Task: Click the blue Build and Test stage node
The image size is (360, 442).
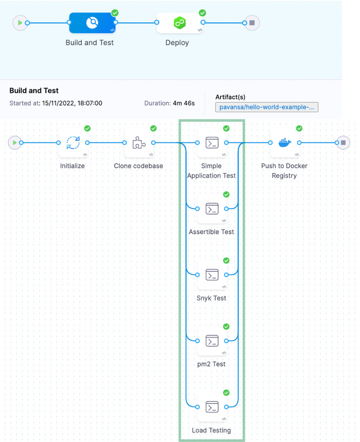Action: (92, 23)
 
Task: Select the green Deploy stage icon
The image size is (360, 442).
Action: (180, 23)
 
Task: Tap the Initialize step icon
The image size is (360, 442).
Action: (73, 143)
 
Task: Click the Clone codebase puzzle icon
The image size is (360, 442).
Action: (139, 143)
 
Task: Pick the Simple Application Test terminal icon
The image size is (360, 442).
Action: (211, 143)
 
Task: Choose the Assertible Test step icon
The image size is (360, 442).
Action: (211, 209)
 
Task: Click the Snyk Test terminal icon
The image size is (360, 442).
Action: (211, 274)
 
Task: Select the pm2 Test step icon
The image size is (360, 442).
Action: (211, 341)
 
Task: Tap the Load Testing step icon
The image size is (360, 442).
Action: (211, 407)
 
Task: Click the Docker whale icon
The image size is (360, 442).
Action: (284, 143)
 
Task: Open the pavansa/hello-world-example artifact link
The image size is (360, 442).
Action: (266, 107)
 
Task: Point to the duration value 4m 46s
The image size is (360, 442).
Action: (184, 103)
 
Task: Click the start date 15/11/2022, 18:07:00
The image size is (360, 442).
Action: (72, 103)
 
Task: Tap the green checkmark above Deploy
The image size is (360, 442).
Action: (202, 13)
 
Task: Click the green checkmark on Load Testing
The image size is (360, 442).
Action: (226, 393)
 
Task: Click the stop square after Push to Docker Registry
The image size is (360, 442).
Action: (343, 143)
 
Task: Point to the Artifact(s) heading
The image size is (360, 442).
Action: (230, 97)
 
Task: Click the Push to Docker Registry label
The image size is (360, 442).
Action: (284, 171)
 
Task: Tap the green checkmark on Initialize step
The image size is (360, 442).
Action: (87, 129)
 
